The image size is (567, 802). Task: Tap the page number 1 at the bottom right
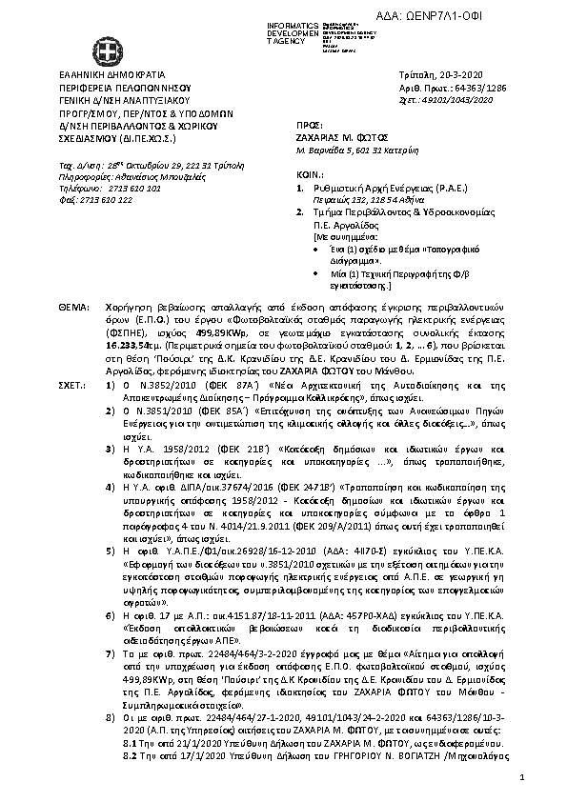[524, 779]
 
